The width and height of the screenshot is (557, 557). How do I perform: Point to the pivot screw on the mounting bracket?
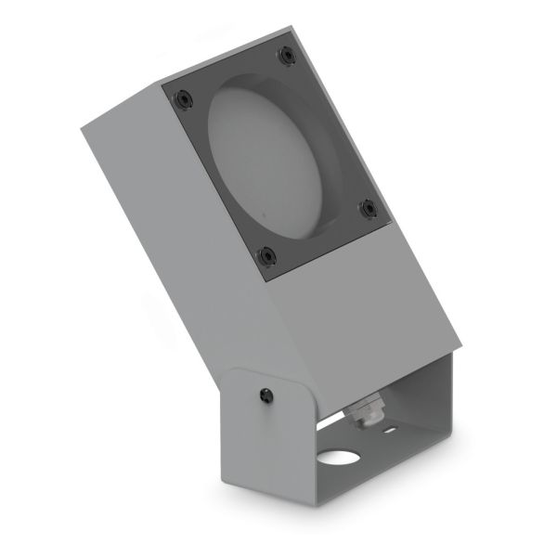(x=266, y=395)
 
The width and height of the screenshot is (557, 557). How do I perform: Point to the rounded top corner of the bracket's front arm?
(x=238, y=374)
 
